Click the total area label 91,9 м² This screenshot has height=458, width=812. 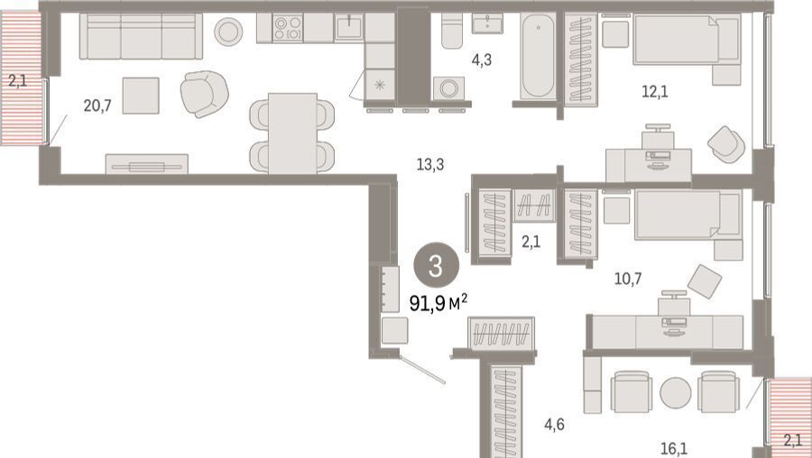[438, 303]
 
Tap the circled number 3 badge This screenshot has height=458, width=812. [436, 267]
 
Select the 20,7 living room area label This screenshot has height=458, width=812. [97, 106]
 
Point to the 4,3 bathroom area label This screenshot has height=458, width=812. [481, 60]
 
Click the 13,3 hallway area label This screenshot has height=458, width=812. [430, 165]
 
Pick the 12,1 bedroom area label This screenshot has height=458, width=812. [655, 92]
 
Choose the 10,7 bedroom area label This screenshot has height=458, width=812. [628, 279]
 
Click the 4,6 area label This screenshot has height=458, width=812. [554, 425]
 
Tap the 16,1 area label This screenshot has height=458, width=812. [674, 448]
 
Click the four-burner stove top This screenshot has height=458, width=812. [288, 28]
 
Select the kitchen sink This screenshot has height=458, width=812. [349, 27]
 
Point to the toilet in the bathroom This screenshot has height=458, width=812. [452, 31]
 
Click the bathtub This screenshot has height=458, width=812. [538, 55]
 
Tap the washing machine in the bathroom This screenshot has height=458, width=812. [448, 88]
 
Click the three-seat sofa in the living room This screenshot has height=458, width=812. [141, 36]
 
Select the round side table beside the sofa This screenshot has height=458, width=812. [228, 32]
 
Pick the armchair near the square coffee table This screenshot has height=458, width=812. [205, 94]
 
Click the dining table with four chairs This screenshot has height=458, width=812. [292, 133]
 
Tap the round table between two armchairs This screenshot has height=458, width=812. [675, 393]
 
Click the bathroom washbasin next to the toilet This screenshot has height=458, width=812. [487, 23]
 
